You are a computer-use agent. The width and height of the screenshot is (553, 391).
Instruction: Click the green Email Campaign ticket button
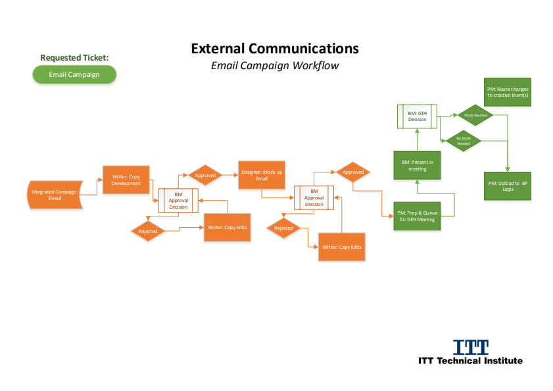click(74, 74)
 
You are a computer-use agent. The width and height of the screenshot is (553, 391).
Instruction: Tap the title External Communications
click(275, 49)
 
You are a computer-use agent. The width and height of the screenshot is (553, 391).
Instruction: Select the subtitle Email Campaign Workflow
click(275, 66)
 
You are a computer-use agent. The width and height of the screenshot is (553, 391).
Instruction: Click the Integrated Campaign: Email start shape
click(55, 195)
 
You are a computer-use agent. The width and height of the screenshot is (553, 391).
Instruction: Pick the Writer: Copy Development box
click(126, 180)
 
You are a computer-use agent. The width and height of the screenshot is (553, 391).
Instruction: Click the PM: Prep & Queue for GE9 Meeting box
click(416, 215)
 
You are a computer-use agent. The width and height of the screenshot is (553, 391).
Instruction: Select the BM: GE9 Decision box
click(418, 117)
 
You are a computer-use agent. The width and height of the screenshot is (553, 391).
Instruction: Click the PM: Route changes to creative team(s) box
click(508, 92)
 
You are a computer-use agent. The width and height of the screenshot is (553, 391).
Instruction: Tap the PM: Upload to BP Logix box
click(508, 186)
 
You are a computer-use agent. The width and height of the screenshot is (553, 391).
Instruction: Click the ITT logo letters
click(471, 347)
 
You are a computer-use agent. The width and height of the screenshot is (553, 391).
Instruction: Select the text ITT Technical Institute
click(471, 361)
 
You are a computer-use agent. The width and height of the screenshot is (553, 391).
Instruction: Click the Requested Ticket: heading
click(74, 58)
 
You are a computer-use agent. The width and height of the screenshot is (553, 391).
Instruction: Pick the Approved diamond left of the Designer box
click(205, 176)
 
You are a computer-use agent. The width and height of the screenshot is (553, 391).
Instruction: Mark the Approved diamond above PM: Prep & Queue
click(353, 172)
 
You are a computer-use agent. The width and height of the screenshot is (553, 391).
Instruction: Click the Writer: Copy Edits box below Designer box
click(341, 247)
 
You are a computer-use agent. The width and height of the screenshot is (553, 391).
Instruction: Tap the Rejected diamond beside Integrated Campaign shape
click(148, 231)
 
